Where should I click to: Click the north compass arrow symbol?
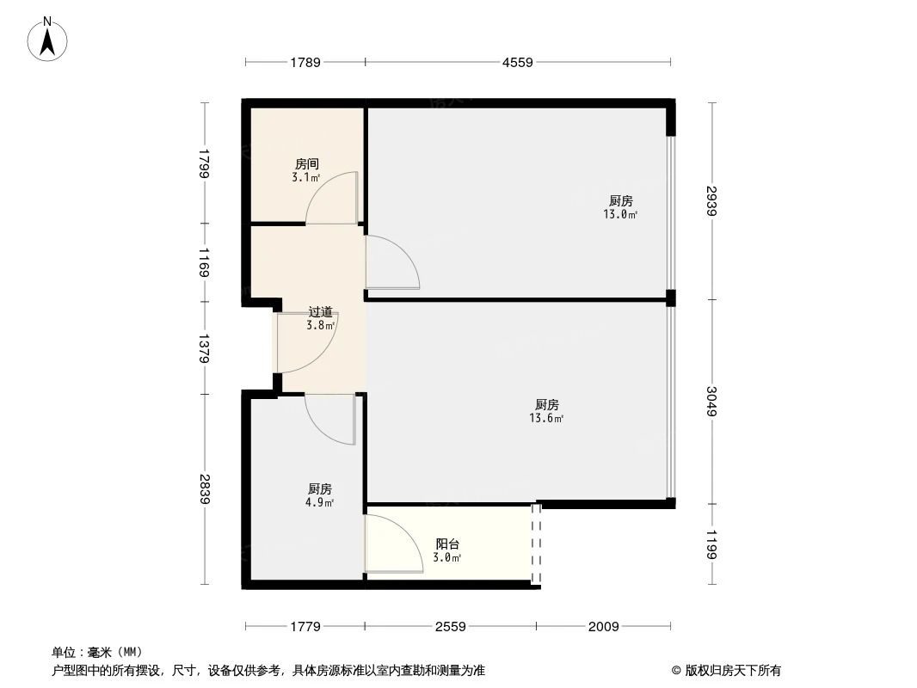click(49, 39)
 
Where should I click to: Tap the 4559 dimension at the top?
click(518, 62)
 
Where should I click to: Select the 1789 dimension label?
click(305, 62)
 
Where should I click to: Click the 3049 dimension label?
click(711, 402)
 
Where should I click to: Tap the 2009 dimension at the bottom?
click(603, 627)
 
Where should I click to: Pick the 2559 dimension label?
click(450, 627)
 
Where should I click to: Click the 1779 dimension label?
click(305, 627)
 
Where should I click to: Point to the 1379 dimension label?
click(204, 347)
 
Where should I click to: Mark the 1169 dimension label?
click(204, 262)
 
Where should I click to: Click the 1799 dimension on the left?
click(204, 163)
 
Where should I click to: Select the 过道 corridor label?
click(320, 312)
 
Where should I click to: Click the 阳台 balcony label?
click(447, 544)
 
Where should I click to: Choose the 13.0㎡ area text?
click(620, 215)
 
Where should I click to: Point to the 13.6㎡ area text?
click(546, 419)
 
